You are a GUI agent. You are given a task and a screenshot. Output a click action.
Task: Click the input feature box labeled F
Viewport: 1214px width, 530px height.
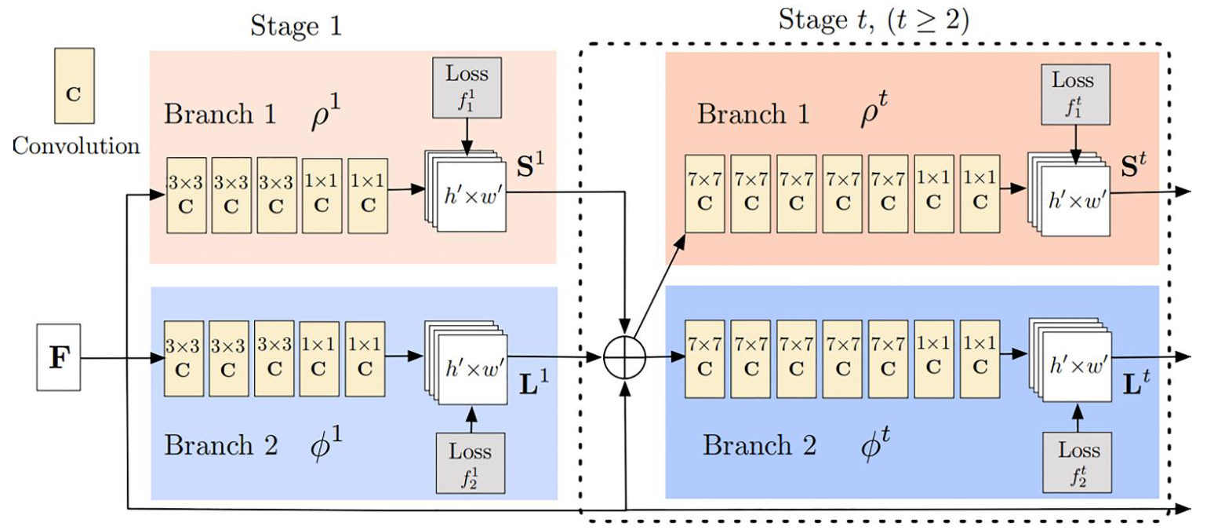(59, 357)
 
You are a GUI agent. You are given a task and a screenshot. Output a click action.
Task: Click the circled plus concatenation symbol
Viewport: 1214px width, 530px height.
(625, 358)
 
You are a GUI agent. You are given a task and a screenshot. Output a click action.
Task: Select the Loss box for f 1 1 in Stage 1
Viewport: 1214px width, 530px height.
(467, 88)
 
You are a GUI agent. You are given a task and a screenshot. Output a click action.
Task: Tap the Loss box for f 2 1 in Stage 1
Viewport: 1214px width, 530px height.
(471, 462)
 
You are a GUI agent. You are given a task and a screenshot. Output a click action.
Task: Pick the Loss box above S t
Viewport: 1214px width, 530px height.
(1075, 94)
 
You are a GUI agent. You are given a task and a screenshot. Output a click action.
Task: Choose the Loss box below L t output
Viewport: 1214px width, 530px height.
(1078, 462)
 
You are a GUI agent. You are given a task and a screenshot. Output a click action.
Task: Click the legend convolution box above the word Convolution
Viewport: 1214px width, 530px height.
(75, 86)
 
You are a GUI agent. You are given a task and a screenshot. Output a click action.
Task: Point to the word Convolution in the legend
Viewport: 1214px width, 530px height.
(76, 146)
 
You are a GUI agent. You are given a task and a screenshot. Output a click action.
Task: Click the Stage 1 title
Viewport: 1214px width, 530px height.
(296, 25)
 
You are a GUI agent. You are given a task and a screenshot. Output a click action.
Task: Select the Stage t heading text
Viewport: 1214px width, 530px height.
(874, 20)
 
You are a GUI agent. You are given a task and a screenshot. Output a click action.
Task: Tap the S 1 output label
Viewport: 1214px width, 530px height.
(530, 165)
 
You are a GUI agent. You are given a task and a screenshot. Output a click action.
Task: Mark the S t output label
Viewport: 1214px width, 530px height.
(1134, 166)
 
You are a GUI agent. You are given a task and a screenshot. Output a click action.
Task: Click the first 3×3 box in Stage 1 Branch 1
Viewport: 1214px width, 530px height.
(187, 196)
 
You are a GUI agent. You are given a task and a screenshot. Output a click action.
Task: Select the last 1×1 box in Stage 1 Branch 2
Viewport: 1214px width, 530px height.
(365, 359)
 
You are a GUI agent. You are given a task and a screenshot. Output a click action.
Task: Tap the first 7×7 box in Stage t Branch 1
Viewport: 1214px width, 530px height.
(705, 194)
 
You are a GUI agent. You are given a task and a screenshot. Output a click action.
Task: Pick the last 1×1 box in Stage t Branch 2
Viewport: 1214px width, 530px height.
(980, 359)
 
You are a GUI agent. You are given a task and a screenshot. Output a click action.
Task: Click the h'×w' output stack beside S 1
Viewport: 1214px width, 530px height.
(466, 191)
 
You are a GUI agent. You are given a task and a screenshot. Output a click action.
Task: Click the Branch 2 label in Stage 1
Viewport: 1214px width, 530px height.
(221, 445)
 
